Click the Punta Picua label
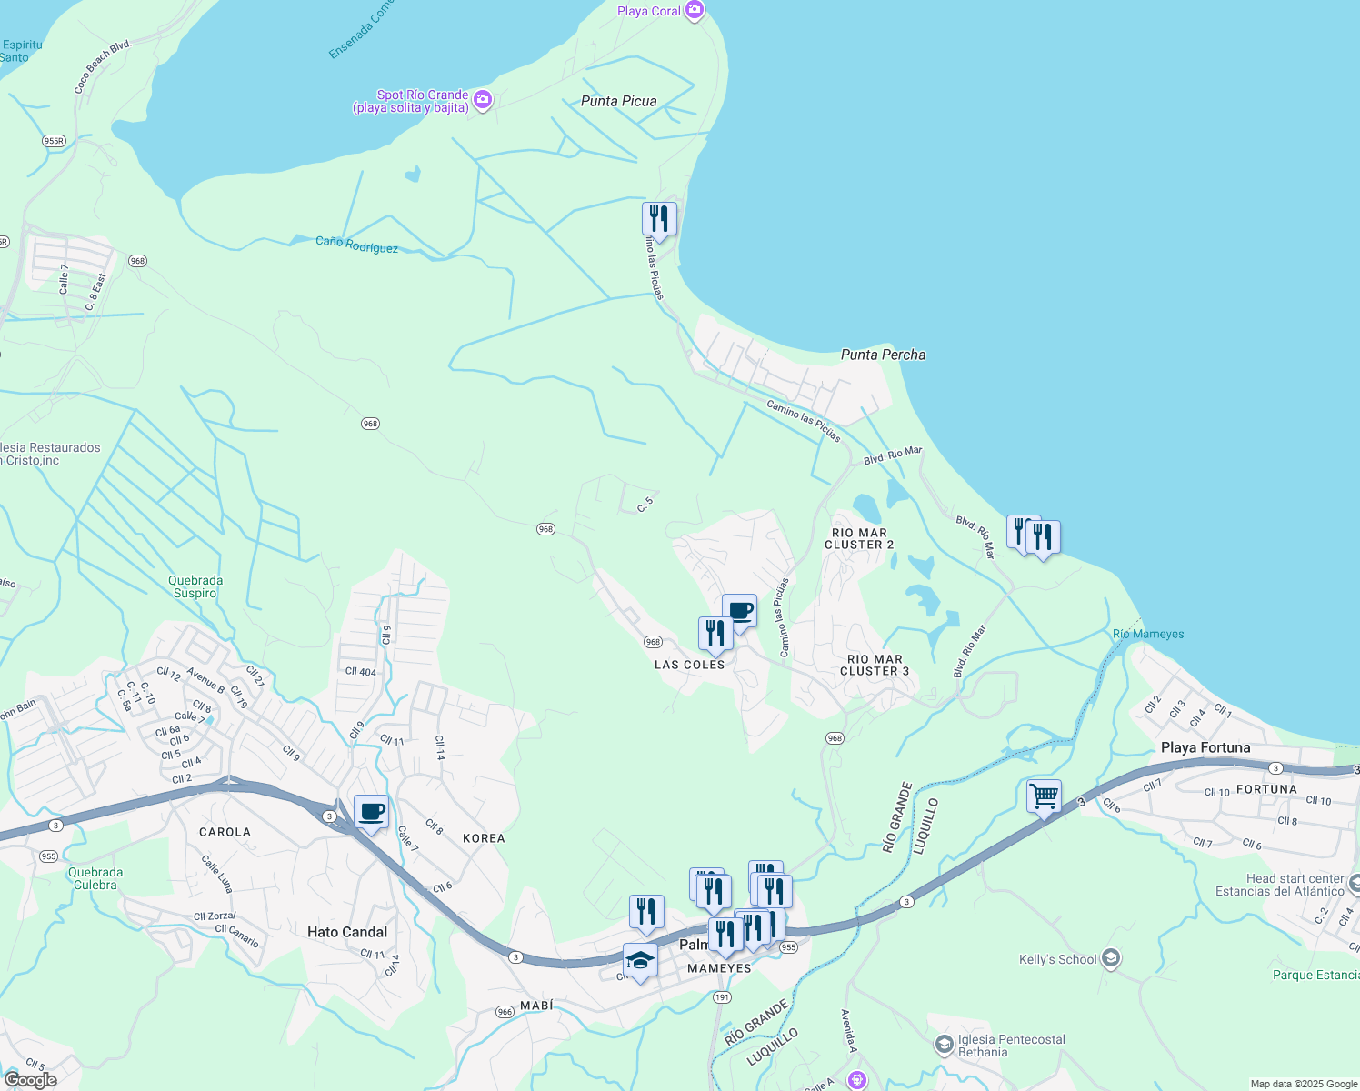618,101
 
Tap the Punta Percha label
883,355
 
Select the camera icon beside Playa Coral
695,10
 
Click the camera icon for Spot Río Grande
483,100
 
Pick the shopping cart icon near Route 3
1044,796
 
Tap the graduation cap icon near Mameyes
640,960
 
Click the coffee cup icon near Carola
371,811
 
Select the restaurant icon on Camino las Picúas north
659,219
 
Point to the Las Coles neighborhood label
690,665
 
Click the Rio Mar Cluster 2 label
859,538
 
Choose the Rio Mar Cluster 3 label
875,665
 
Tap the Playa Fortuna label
1205,747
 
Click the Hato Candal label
347,932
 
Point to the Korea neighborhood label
484,838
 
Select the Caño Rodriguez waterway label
356,245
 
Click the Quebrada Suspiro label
195,586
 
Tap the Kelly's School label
1057,959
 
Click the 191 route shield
722,997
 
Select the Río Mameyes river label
1148,634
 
